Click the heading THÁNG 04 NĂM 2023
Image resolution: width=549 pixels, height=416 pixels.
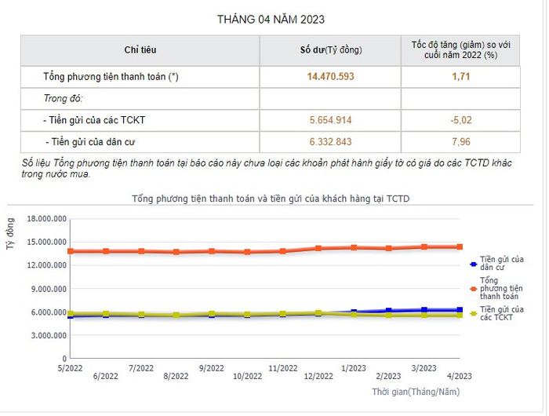(x=271, y=19)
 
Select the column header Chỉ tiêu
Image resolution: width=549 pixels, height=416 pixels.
(x=140, y=49)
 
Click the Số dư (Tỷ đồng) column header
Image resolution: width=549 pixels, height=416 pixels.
(x=331, y=49)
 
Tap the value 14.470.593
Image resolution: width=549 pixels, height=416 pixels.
(x=331, y=77)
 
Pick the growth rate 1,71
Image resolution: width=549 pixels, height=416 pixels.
(x=460, y=77)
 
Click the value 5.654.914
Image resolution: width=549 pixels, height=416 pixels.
(x=331, y=120)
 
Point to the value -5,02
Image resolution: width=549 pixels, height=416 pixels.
(x=460, y=120)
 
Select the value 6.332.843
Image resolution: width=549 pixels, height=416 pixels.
(x=331, y=141)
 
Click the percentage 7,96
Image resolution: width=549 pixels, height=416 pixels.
(x=460, y=141)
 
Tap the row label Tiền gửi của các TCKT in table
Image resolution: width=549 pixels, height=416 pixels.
(x=94, y=120)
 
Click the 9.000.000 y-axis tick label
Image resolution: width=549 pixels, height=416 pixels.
(x=48, y=288)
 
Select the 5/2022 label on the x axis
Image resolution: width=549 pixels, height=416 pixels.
(x=71, y=367)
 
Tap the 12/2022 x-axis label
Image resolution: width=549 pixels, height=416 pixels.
(x=318, y=377)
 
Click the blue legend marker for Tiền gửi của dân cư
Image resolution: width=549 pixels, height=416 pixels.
(x=472, y=265)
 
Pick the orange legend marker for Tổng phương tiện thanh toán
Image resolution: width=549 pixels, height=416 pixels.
(x=472, y=288)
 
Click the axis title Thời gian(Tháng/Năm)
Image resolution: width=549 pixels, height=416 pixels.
(x=416, y=391)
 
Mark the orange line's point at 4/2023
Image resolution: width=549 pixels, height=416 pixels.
(x=460, y=246)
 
